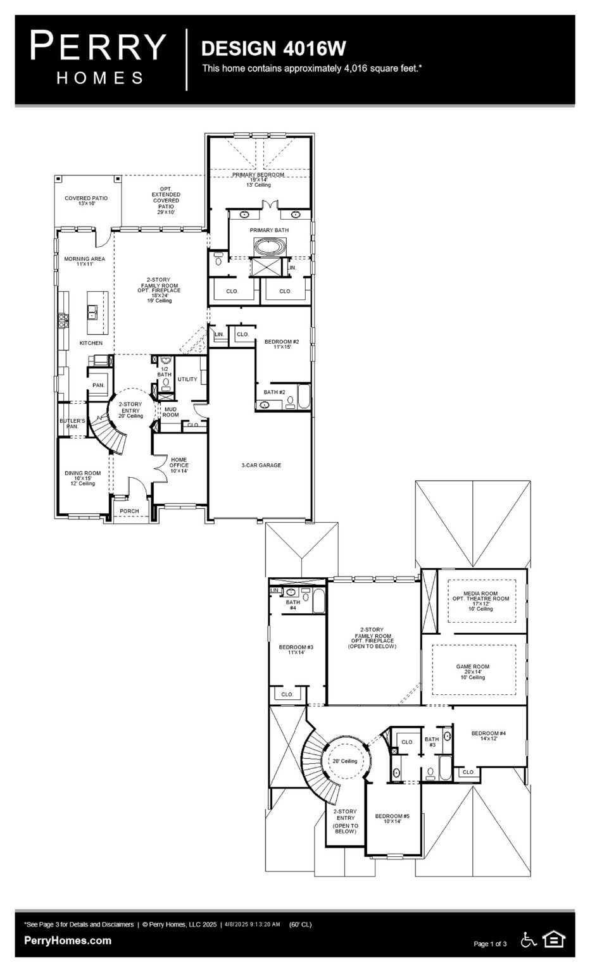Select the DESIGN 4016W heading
(273, 48)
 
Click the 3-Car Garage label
(261, 465)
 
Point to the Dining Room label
(82, 475)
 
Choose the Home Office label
(179, 465)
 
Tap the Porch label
(129, 511)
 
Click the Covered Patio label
(86, 201)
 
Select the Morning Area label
(84, 261)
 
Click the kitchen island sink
(92, 311)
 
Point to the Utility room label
(187, 379)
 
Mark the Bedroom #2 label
(282, 344)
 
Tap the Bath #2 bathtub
(304, 397)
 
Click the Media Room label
(480, 599)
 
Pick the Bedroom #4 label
(489, 736)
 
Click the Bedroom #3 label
(296, 649)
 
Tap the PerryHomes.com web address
(68, 941)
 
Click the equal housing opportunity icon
(554, 940)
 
